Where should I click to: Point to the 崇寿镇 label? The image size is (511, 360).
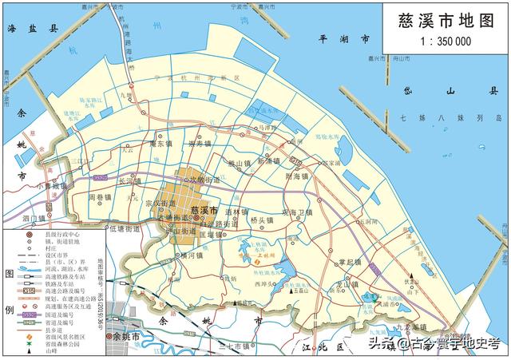(x=200, y=144)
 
